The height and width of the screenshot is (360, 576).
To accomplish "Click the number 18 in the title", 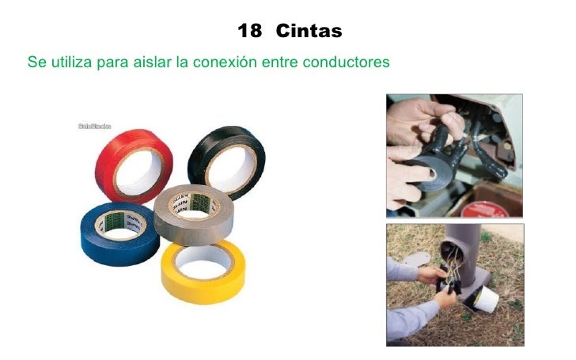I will (249, 32).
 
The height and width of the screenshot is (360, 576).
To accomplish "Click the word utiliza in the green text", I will (71, 61).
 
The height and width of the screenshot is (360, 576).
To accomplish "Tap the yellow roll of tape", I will (202, 277).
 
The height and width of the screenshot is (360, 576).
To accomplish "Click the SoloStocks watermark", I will (94, 126).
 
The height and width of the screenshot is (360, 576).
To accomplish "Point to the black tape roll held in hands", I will (431, 170).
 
